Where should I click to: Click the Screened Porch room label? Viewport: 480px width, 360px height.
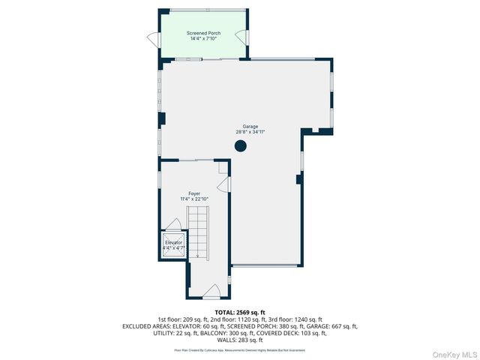[x=203, y=33]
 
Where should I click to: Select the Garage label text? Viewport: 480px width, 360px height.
[x=250, y=126]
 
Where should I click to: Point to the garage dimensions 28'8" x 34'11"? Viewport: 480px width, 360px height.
[x=250, y=132]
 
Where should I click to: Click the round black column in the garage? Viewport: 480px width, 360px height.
[x=241, y=145]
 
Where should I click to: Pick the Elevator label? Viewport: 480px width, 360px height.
[x=174, y=243]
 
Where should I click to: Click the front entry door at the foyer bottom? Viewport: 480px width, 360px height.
[x=211, y=290]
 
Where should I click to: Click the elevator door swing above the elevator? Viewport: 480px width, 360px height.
[x=172, y=223]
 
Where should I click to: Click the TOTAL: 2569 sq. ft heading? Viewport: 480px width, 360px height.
[x=239, y=312]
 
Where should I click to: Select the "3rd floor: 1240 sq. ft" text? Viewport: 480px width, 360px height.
[x=294, y=319]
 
